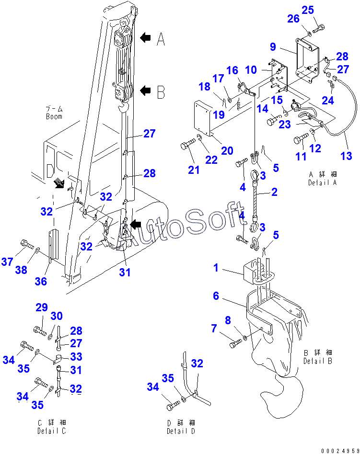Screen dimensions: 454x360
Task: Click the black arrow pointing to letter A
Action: coord(146,37)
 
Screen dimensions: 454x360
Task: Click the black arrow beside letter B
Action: coord(146,90)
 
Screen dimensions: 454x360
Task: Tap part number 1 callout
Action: coord(216,267)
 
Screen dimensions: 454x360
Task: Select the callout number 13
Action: coord(346,156)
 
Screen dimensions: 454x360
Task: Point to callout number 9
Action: coord(273,47)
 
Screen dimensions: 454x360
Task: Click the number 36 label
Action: coord(41,282)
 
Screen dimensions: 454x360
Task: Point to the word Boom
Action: coord(54,116)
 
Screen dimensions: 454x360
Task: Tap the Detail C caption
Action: coord(51,431)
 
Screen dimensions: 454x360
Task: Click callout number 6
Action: coord(216,296)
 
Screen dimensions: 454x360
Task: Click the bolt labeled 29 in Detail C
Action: coord(38,329)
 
